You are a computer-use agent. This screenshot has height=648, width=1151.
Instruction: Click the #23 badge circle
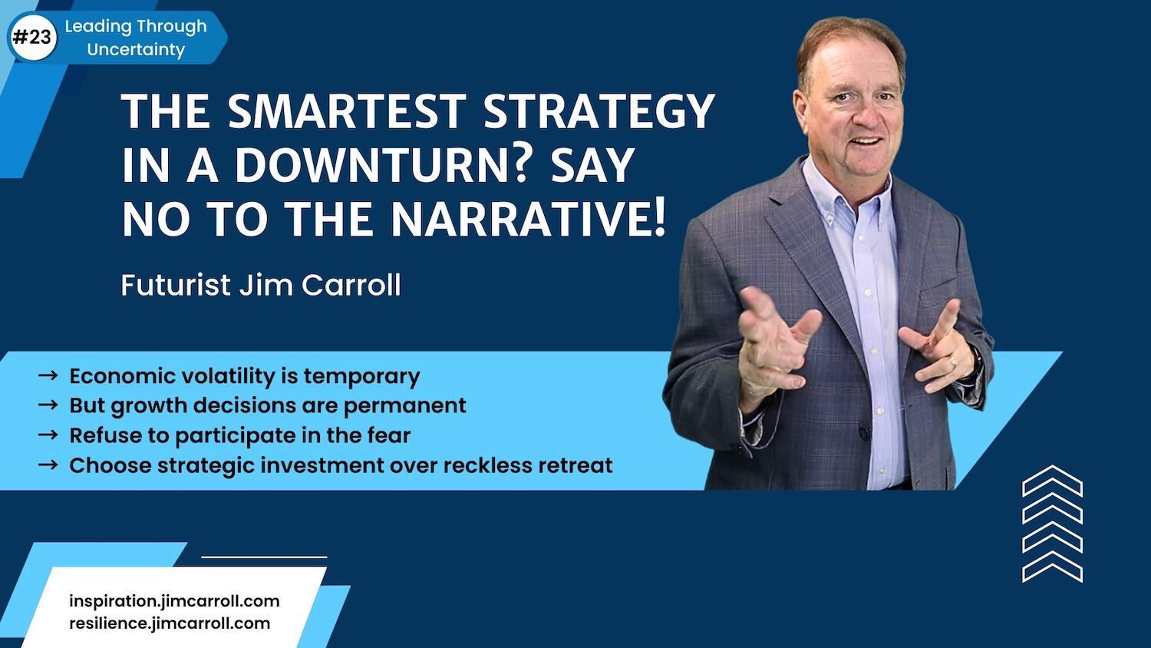(x=33, y=38)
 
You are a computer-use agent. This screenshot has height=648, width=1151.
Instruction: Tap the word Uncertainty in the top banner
(x=136, y=50)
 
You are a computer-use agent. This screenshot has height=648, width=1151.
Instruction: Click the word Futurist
(x=176, y=285)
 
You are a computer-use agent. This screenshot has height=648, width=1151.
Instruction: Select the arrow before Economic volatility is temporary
(x=48, y=376)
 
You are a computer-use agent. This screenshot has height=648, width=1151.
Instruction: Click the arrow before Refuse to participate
(x=48, y=435)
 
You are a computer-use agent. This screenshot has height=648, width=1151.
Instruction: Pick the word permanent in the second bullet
(x=404, y=406)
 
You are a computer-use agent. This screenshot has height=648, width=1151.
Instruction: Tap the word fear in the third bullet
(x=388, y=435)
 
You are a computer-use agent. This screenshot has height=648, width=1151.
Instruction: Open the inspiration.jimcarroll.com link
(x=174, y=601)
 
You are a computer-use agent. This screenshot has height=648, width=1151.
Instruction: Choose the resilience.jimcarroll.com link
(x=170, y=623)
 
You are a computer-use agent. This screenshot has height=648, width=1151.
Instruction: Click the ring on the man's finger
(x=953, y=362)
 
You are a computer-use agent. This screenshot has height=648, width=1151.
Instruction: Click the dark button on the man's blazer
(x=865, y=434)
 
